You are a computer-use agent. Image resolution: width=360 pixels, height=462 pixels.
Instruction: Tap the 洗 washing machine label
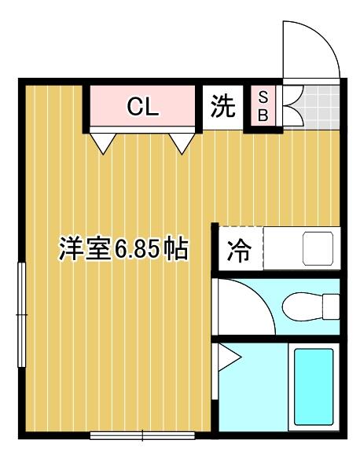pyautogui.click(x=223, y=107)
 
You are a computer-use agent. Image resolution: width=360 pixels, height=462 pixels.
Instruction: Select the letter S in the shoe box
pyautogui.click(x=263, y=98)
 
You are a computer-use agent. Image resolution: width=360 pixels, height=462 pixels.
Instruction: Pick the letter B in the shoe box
pyautogui.click(x=263, y=115)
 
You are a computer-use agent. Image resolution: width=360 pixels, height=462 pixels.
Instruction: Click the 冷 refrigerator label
pyautogui.click(x=237, y=251)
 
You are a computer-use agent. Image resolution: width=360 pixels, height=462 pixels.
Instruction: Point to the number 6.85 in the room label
pyautogui.click(x=140, y=250)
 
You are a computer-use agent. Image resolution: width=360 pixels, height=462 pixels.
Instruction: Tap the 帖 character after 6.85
pyautogui.click(x=176, y=250)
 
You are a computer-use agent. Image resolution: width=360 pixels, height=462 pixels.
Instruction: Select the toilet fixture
pyautogui.click(x=311, y=305)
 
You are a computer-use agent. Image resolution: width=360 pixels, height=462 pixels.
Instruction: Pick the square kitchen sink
pyautogui.click(x=319, y=249)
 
